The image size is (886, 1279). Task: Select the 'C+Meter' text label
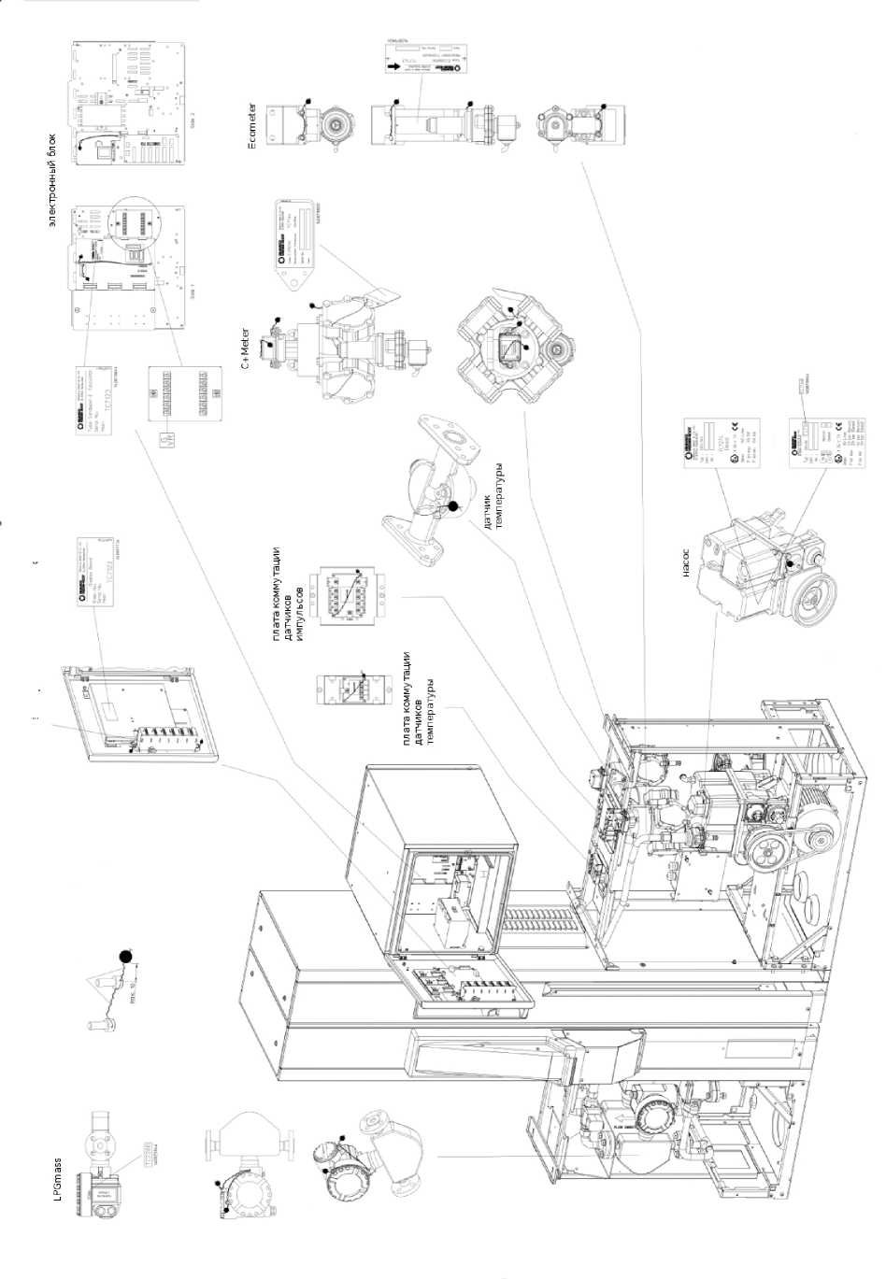tap(246, 348)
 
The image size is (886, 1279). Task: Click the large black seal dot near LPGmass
tap(123, 957)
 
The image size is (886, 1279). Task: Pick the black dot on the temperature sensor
tap(454, 505)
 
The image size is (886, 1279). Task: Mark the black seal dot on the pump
tap(789, 561)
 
